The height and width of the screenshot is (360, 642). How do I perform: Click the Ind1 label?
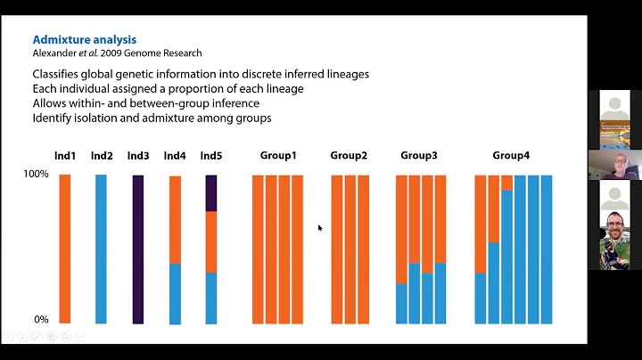click(64, 156)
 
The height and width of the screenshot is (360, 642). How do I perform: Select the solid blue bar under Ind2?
click(101, 250)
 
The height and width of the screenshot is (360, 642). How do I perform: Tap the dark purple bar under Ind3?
click(138, 250)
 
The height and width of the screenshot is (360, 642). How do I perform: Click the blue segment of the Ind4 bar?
click(175, 293)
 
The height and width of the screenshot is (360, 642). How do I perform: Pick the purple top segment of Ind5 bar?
click(211, 192)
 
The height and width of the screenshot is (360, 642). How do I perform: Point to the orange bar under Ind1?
click(64, 250)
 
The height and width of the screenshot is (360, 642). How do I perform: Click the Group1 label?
click(278, 156)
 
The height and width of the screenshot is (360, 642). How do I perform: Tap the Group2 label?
click(349, 156)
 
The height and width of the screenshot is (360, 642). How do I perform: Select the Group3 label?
click(419, 156)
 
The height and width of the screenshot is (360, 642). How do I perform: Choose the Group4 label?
click(511, 156)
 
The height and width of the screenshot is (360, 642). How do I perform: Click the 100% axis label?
click(36, 175)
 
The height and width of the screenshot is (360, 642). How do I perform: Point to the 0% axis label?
click(41, 319)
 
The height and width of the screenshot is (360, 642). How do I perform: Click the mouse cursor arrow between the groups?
click(320, 228)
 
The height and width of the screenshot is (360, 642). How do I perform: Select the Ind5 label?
click(210, 156)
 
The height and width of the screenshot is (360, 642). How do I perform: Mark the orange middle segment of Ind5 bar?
click(211, 241)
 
